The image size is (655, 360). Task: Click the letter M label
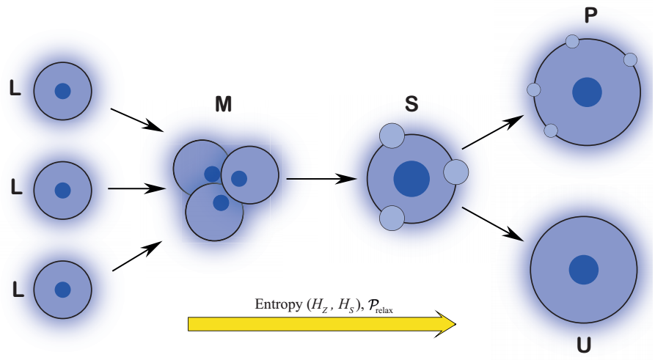click(x=224, y=105)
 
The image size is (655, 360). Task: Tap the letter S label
click(x=411, y=104)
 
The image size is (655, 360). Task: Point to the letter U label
click(x=584, y=345)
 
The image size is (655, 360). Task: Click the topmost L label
click(x=15, y=89)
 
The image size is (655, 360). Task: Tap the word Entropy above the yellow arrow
click(x=277, y=304)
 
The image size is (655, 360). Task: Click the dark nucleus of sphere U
click(x=583, y=269)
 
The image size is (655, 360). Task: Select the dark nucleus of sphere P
click(x=587, y=92)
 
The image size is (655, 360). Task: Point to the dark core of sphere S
click(x=411, y=178)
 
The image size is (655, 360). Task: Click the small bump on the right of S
click(x=456, y=172)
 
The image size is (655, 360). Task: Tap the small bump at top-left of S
click(x=392, y=135)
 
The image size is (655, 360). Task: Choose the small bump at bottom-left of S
click(x=392, y=218)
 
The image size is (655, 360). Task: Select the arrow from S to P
click(x=492, y=133)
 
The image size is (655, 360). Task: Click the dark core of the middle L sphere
click(x=62, y=190)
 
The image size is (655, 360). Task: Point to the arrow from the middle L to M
click(x=136, y=188)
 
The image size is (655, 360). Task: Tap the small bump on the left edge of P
click(x=534, y=89)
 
